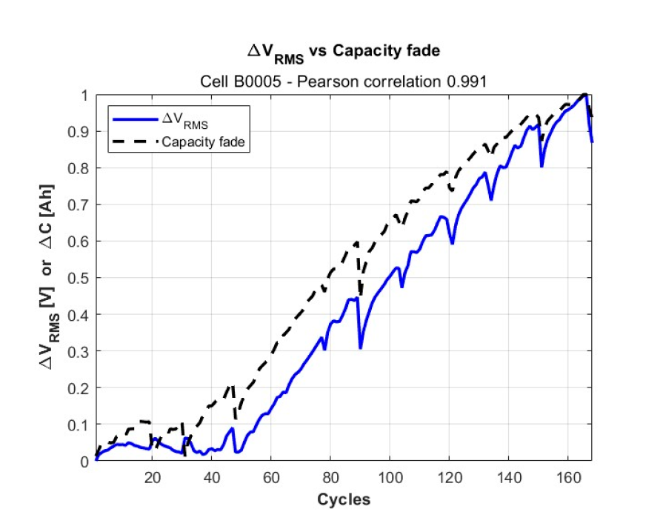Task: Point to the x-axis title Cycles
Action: coord(343,499)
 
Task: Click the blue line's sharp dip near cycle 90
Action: coord(360,348)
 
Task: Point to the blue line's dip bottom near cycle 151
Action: coord(542,166)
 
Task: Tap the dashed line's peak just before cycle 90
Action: coord(356,242)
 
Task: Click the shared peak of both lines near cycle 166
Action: coord(585,95)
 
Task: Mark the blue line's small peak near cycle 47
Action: coord(232,428)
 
